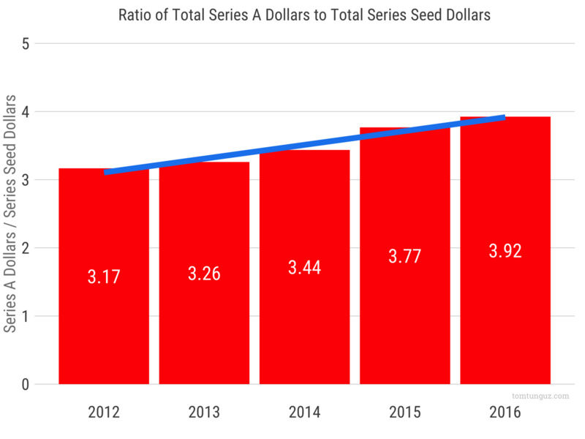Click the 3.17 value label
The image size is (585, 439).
click(x=104, y=277)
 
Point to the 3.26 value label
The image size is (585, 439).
click(x=204, y=274)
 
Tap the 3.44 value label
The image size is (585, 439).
click(x=304, y=267)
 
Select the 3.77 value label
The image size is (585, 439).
click(x=404, y=256)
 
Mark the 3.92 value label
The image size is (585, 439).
click(x=505, y=251)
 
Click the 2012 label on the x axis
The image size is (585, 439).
click(x=104, y=412)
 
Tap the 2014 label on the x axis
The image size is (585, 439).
click(x=304, y=412)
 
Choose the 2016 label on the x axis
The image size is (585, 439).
click(x=505, y=412)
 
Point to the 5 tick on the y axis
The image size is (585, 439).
click(x=25, y=43)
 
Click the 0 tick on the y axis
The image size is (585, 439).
click(x=25, y=384)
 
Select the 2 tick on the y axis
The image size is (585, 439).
click(x=25, y=248)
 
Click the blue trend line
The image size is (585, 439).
click(x=304, y=146)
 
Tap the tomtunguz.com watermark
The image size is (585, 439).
click(x=540, y=396)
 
